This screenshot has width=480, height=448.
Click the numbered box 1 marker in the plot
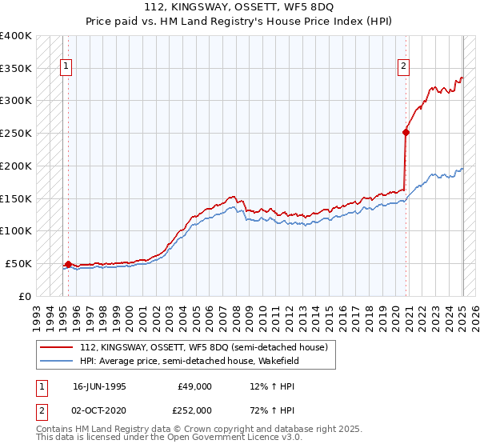click(x=65, y=66)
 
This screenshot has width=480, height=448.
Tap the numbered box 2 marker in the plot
click(x=404, y=66)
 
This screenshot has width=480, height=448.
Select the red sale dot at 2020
click(x=406, y=133)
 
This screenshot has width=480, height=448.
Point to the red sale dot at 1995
click(x=68, y=263)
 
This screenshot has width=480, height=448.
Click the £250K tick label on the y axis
click(x=15, y=134)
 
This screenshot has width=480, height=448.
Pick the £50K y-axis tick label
click(x=18, y=263)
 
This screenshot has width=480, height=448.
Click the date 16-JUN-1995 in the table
click(x=99, y=386)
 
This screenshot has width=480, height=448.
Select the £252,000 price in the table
click(x=195, y=410)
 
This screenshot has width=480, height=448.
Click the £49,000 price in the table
click(x=195, y=386)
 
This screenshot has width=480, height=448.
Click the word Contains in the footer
click(x=55, y=430)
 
